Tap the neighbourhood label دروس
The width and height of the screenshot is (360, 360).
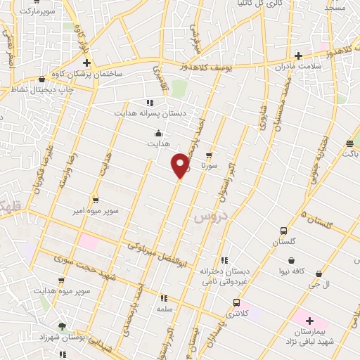207,217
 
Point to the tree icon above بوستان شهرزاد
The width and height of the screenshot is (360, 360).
63,326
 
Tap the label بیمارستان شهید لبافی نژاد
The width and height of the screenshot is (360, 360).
309,336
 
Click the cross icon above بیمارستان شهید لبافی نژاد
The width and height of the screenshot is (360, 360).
309,321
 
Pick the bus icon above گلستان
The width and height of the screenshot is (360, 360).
283,231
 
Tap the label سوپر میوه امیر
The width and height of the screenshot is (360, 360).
98,210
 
